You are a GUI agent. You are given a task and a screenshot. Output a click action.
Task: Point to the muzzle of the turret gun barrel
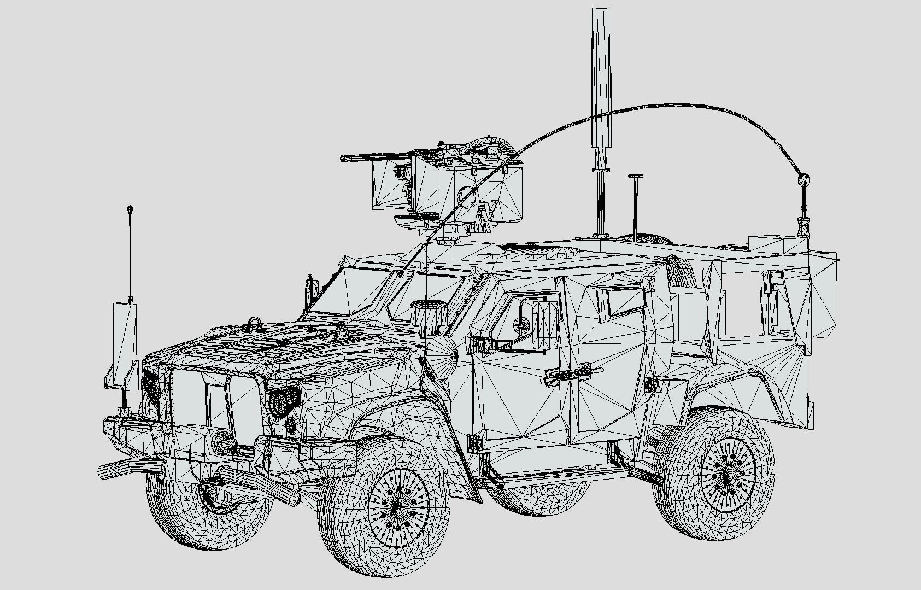344,159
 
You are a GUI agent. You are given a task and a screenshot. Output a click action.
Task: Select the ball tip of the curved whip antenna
804,179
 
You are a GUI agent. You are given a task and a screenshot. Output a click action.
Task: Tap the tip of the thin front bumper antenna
130,209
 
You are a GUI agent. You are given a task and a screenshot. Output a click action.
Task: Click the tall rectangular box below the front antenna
125,344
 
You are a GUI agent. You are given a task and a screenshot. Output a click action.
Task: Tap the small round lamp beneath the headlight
291,425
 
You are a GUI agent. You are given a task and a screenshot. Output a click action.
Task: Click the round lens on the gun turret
466,195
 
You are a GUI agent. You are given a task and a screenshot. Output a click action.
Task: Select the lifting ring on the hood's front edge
255,323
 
